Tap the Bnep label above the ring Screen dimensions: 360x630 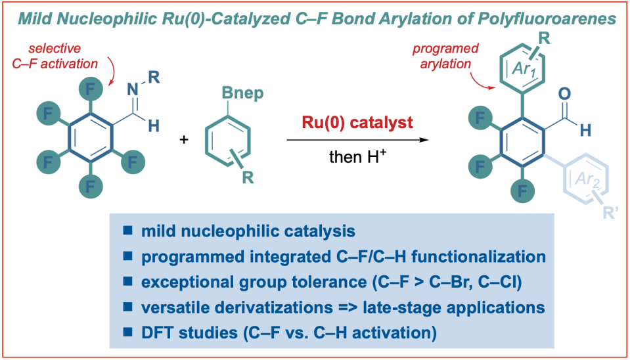point(248,93)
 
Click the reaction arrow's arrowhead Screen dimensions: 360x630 point(426,140)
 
